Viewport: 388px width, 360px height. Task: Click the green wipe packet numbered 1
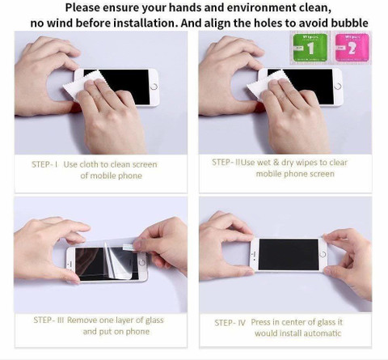[x=310, y=48]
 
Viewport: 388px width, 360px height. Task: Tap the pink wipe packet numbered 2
[x=352, y=48]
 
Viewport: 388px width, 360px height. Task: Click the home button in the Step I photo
[x=154, y=87]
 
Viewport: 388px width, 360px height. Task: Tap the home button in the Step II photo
[x=338, y=86]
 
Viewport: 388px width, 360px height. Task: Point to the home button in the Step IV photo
[x=323, y=254]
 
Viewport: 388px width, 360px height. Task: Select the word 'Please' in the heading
[x=82, y=7]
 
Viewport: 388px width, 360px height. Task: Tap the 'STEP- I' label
[x=44, y=164]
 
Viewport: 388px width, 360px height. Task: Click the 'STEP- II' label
[x=226, y=162]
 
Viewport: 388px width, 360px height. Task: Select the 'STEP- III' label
[x=48, y=320]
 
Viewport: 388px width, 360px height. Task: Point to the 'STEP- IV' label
[x=230, y=323]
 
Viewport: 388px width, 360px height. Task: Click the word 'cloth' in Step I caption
[x=89, y=164]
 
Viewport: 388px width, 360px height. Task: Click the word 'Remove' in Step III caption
[x=82, y=320]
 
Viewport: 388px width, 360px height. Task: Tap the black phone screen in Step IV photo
[x=289, y=254]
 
